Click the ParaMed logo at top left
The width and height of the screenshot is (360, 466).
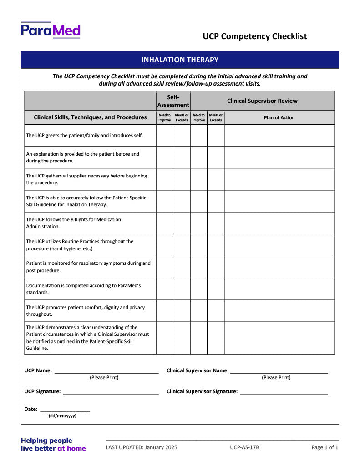click(51, 30)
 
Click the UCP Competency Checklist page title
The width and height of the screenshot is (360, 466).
click(255, 36)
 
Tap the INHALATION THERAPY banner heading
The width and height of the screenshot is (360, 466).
click(180, 60)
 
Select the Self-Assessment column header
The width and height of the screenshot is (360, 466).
click(173, 101)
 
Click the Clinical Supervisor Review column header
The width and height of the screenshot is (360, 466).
click(262, 101)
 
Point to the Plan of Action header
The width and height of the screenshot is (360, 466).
click(279, 117)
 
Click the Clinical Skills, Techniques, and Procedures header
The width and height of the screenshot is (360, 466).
click(90, 117)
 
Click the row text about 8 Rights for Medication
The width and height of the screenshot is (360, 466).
click(74, 223)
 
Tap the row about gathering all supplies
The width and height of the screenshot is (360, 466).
click(86, 179)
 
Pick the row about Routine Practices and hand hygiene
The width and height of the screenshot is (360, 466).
click(80, 245)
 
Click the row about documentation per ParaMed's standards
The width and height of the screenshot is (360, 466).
click(83, 289)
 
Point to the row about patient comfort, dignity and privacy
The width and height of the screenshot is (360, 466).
click(85, 310)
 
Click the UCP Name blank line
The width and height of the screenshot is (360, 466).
click(106, 371)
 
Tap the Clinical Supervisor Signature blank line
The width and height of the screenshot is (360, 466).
click(284, 392)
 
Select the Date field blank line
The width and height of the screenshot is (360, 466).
click(65, 410)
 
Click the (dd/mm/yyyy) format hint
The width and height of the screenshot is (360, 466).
click(62, 416)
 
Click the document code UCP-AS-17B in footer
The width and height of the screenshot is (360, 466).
click(244, 447)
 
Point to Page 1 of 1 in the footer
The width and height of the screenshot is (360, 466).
click(325, 447)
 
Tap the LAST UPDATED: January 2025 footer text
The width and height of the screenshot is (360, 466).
click(142, 447)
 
